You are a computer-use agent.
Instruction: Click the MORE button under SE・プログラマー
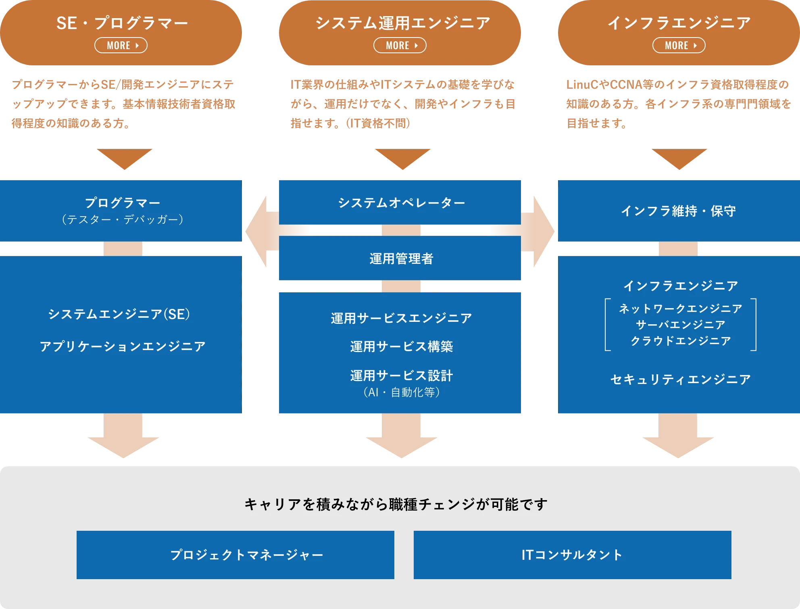pyautogui.click(x=121, y=45)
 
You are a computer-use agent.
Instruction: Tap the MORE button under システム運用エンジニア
pyautogui.click(x=400, y=45)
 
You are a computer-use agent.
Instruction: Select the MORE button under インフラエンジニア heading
pyautogui.click(x=679, y=45)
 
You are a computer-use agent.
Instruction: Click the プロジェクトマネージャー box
pyautogui.click(x=235, y=555)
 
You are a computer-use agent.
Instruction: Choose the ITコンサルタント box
pyautogui.click(x=572, y=555)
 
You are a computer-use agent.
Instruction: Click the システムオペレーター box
pyautogui.click(x=401, y=202)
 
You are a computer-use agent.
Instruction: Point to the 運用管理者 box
pyautogui.click(x=401, y=259)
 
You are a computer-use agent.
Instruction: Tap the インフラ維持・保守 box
pyautogui.click(x=679, y=211)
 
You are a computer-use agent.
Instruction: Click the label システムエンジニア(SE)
pyautogui.click(x=119, y=314)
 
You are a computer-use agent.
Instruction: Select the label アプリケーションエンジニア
pyautogui.click(x=123, y=346)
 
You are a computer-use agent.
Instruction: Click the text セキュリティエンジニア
pyautogui.click(x=680, y=379)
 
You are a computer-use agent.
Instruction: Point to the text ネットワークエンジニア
pyautogui.click(x=680, y=309)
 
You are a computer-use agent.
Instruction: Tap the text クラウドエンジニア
pyautogui.click(x=680, y=341)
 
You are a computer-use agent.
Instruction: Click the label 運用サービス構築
pyautogui.click(x=401, y=346)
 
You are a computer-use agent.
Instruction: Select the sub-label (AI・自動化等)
pyautogui.click(x=401, y=392)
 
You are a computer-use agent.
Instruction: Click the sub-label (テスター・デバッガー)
pyautogui.click(x=123, y=219)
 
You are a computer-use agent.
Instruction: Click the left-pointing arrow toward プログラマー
pyautogui.click(x=260, y=231)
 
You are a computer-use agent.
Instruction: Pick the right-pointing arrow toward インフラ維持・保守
pyautogui.click(x=540, y=231)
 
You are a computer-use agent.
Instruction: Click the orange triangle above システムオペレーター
pyautogui.click(x=402, y=158)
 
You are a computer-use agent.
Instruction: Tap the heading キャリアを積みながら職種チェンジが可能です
pyautogui.click(x=396, y=504)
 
